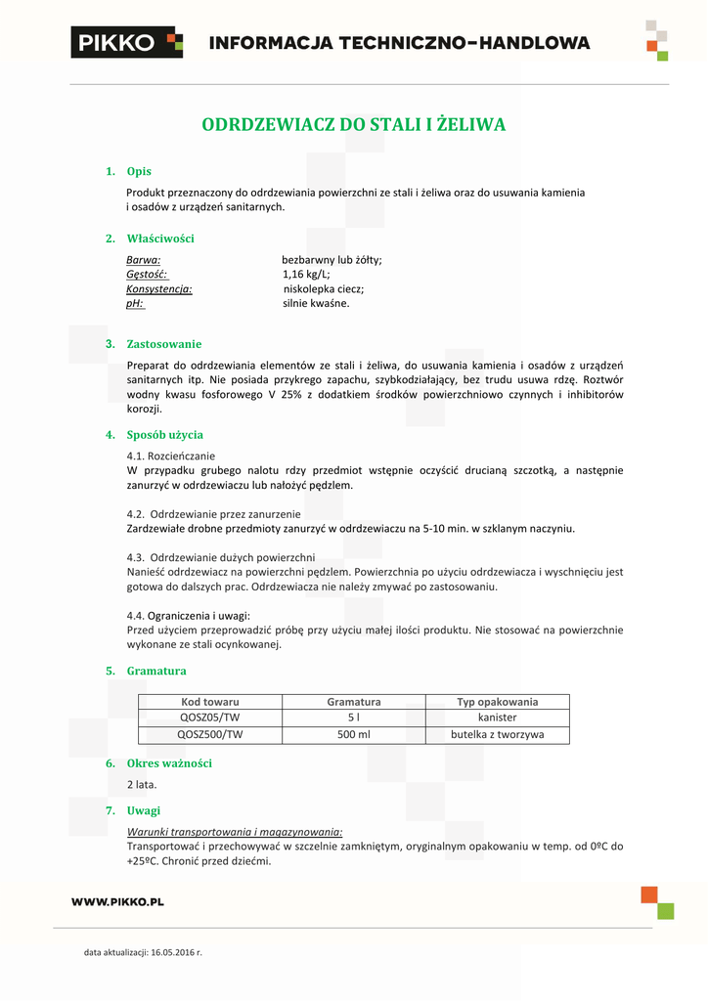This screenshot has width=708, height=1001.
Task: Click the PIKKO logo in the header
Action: click(x=126, y=42)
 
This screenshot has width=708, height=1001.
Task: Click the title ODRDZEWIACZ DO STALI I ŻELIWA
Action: click(x=353, y=125)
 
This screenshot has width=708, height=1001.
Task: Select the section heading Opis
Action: click(x=139, y=171)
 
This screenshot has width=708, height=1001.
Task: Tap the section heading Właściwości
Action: click(x=160, y=238)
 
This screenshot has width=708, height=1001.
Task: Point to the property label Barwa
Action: click(x=143, y=260)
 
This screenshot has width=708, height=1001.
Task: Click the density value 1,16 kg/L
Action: click(x=306, y=275)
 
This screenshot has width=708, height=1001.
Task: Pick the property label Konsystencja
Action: click(x=158, y=289)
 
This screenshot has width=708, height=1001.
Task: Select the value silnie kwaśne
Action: click(x=316, y=304)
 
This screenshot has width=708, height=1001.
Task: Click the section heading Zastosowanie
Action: click(x=164, y=344)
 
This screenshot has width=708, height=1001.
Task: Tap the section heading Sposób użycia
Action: click(x=165, y=435)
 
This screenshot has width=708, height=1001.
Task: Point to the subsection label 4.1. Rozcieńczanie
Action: click(x=171, y=456)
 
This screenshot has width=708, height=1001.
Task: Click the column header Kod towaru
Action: click(x=210, y=702)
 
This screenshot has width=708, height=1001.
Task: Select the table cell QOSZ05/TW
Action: click(x=210, y=718)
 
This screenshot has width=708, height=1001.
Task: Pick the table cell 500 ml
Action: click(x=354, y=734)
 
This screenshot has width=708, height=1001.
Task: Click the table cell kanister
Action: click(x=498, y=718)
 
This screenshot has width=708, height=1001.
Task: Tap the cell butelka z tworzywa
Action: click(x=498, y=734)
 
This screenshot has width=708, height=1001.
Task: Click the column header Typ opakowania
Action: click(x=498, y=702)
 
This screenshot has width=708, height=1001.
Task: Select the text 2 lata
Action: click(x=142, y=784)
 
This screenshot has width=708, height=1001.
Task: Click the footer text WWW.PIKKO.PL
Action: click(x=117, y=901)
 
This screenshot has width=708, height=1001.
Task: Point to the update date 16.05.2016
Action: click(x=172, y=951)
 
